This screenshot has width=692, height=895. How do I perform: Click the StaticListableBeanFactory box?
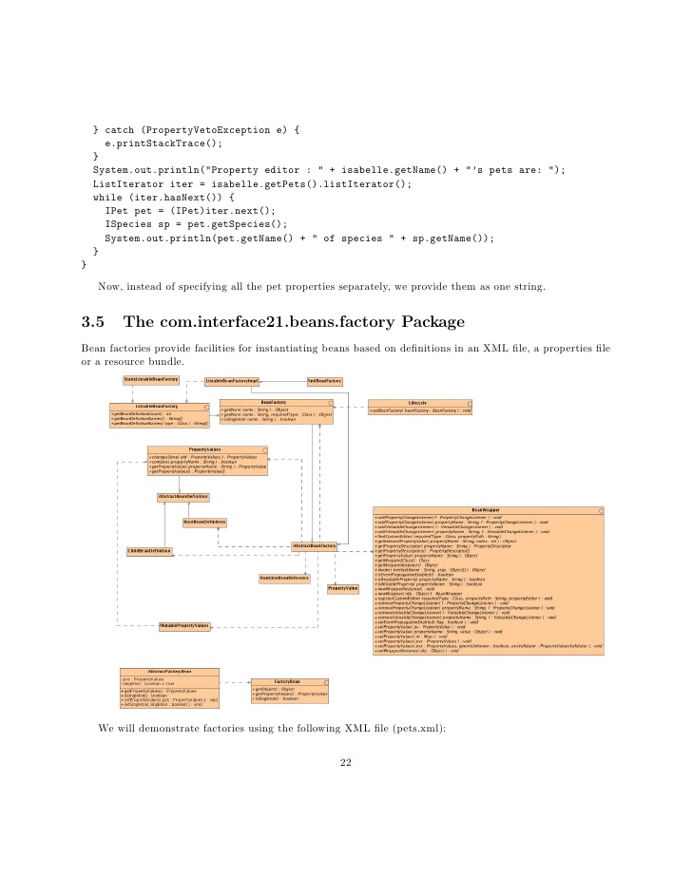click(151, 380)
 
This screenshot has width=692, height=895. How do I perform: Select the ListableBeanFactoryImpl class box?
click(232, 381)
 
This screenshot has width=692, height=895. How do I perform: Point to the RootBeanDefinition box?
click(204, 522)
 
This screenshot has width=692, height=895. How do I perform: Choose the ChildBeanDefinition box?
click(149, 551)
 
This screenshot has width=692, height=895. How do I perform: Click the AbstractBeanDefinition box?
click(183, 497)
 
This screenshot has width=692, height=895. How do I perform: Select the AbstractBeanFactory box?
click(315, 546)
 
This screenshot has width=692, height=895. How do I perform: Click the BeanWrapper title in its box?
click(485, 510)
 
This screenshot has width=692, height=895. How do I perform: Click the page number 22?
click(346, 838)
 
